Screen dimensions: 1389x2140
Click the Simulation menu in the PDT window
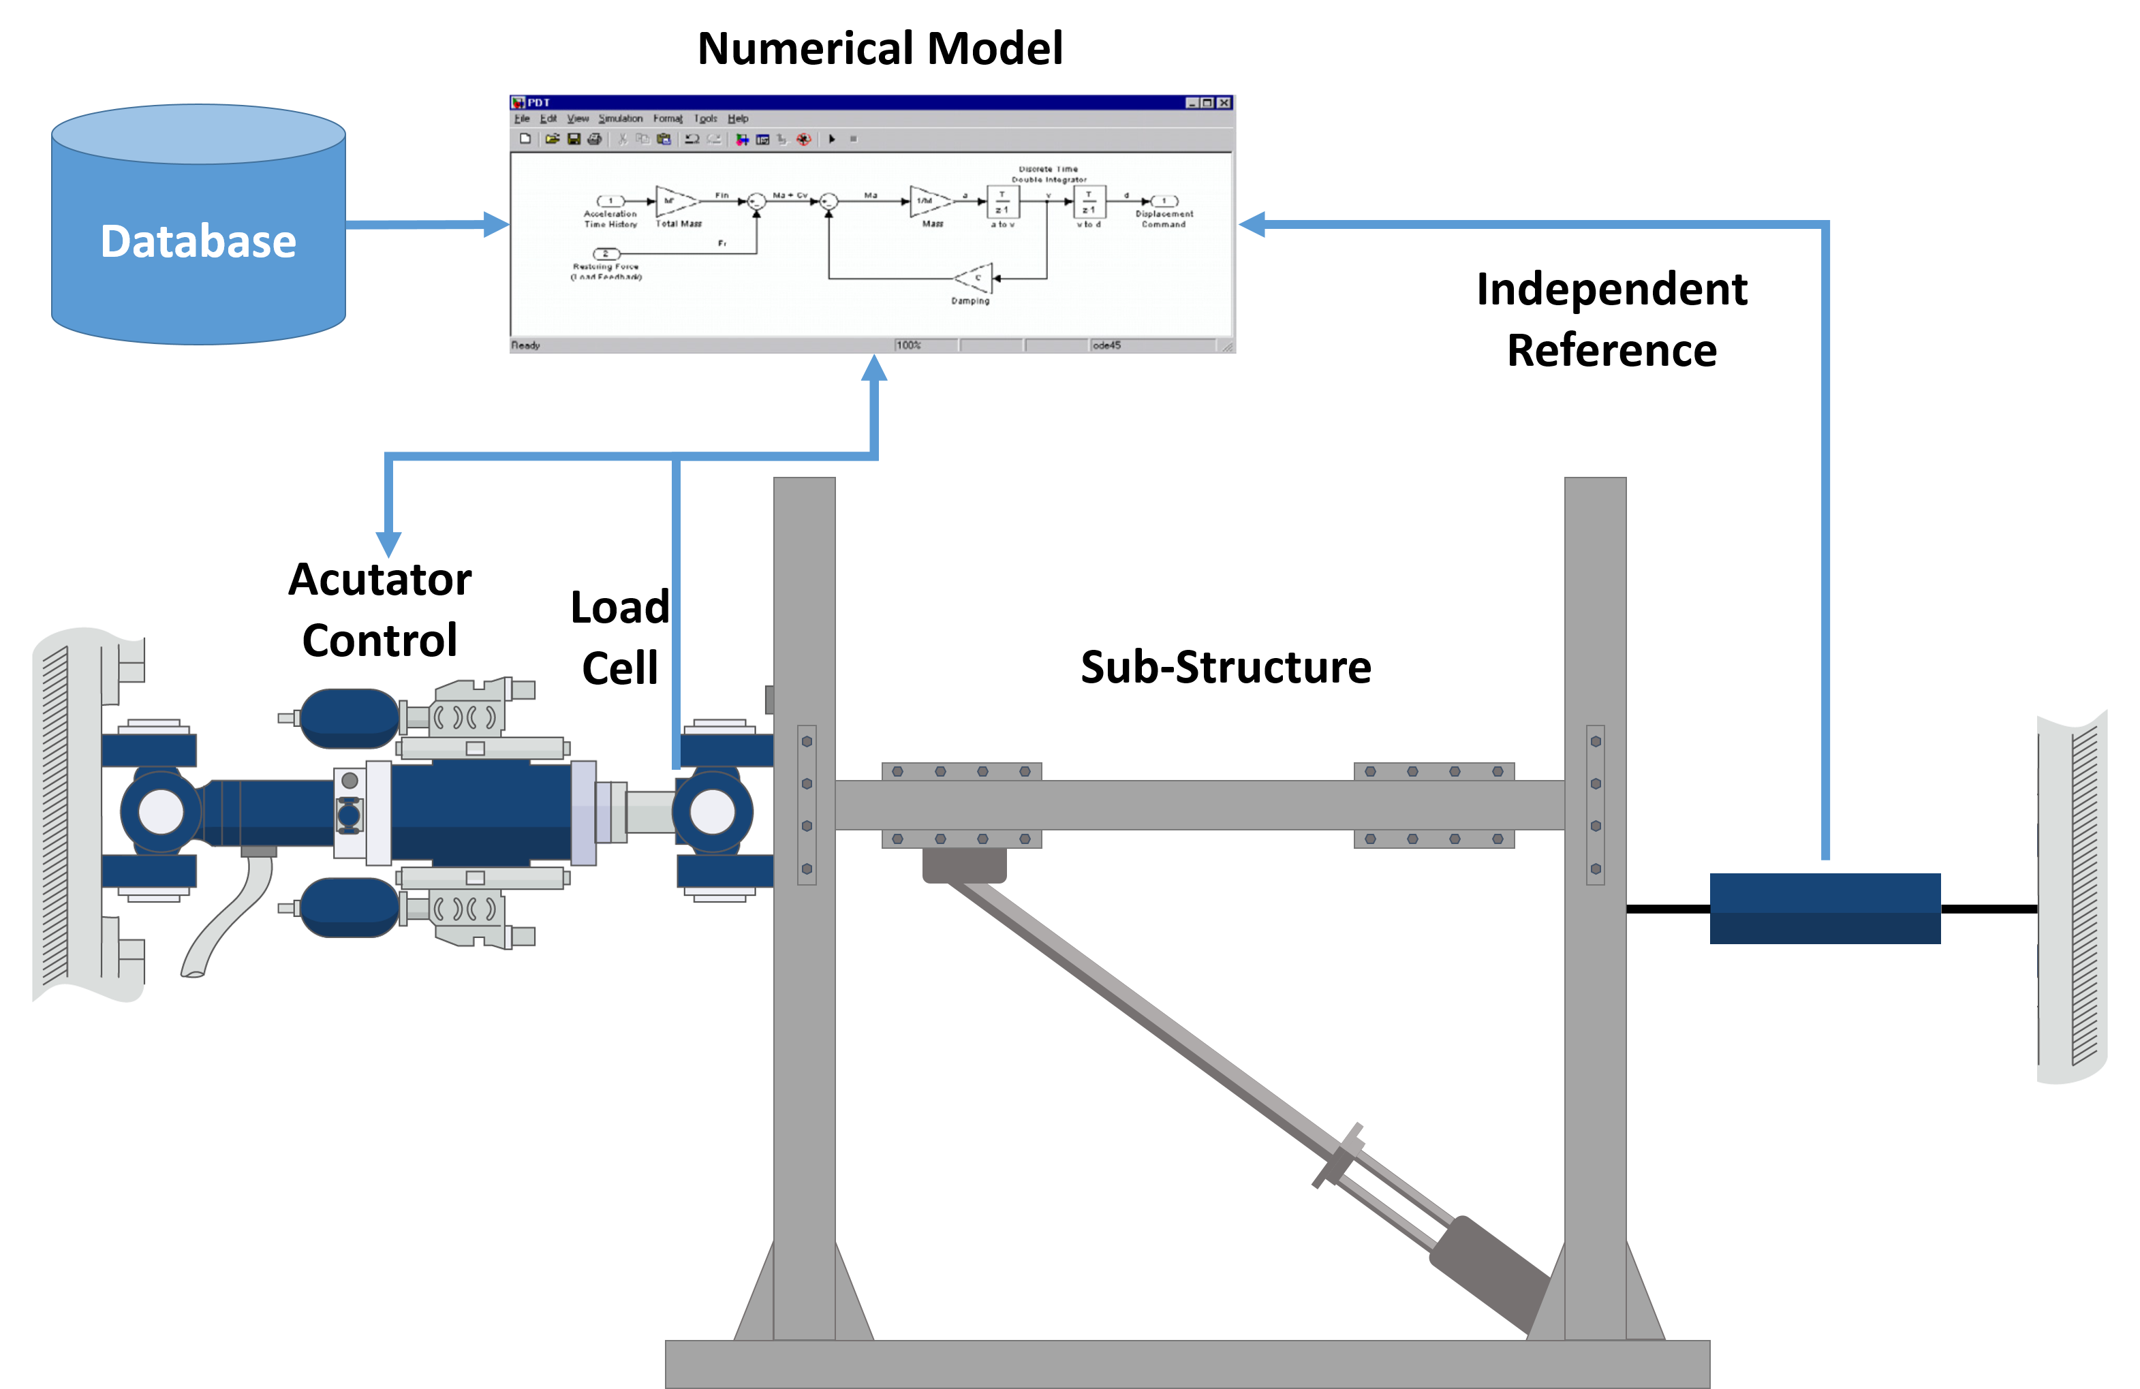[x=621, y=119]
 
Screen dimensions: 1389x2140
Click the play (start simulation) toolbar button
[x=832, y=140]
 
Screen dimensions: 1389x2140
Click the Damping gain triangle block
[x=975, y=278]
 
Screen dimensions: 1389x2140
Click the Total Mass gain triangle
[x=674, y=202]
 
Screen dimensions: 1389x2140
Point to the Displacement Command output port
[x=1164, y=202]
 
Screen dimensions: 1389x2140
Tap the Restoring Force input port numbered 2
[x=605, y=253]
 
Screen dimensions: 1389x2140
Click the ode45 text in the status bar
[x=1107, y=345]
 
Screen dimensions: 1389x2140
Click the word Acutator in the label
[x=379, y=580]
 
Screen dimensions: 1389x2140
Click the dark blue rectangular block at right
[x=1825, y=908]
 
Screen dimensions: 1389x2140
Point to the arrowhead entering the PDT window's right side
[x=1252, y=224]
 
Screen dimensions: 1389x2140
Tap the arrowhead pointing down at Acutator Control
[x=388, y=544]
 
